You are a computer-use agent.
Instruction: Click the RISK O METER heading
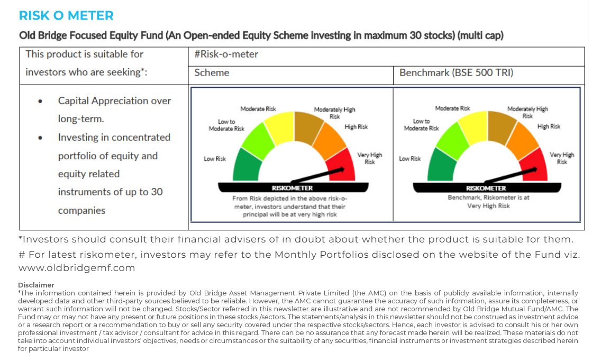click(66, 15)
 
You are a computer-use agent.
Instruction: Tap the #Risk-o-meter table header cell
click(226, 54)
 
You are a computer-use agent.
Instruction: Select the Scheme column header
click(212, 73)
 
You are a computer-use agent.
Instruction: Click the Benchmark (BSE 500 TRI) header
click(456, 73)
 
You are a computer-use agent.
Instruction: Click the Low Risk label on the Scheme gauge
click(215, 159)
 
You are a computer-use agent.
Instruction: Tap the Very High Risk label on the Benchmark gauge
click(562, 158)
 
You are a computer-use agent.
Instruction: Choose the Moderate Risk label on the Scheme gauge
click(258, 109)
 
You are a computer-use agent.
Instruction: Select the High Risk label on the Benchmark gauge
click(549, 127)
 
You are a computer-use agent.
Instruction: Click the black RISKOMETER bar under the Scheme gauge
click(292, 187)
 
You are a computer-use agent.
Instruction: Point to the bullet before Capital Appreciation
click(40, 101)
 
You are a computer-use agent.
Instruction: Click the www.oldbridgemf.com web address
click(77, 268)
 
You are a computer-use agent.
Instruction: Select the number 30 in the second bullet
click(157, 192)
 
